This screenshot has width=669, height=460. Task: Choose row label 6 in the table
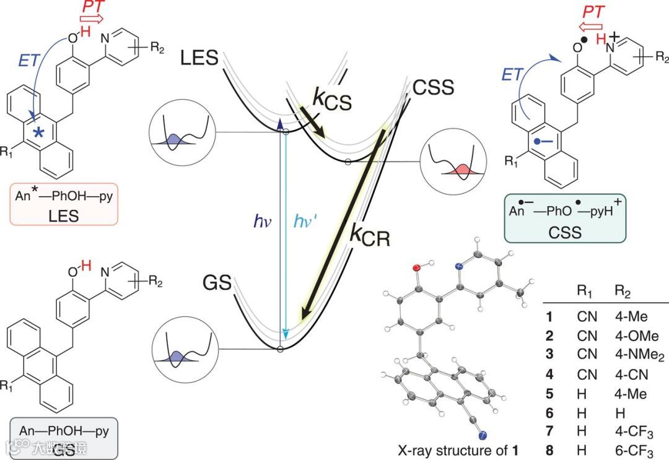(x=549, y=411)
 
